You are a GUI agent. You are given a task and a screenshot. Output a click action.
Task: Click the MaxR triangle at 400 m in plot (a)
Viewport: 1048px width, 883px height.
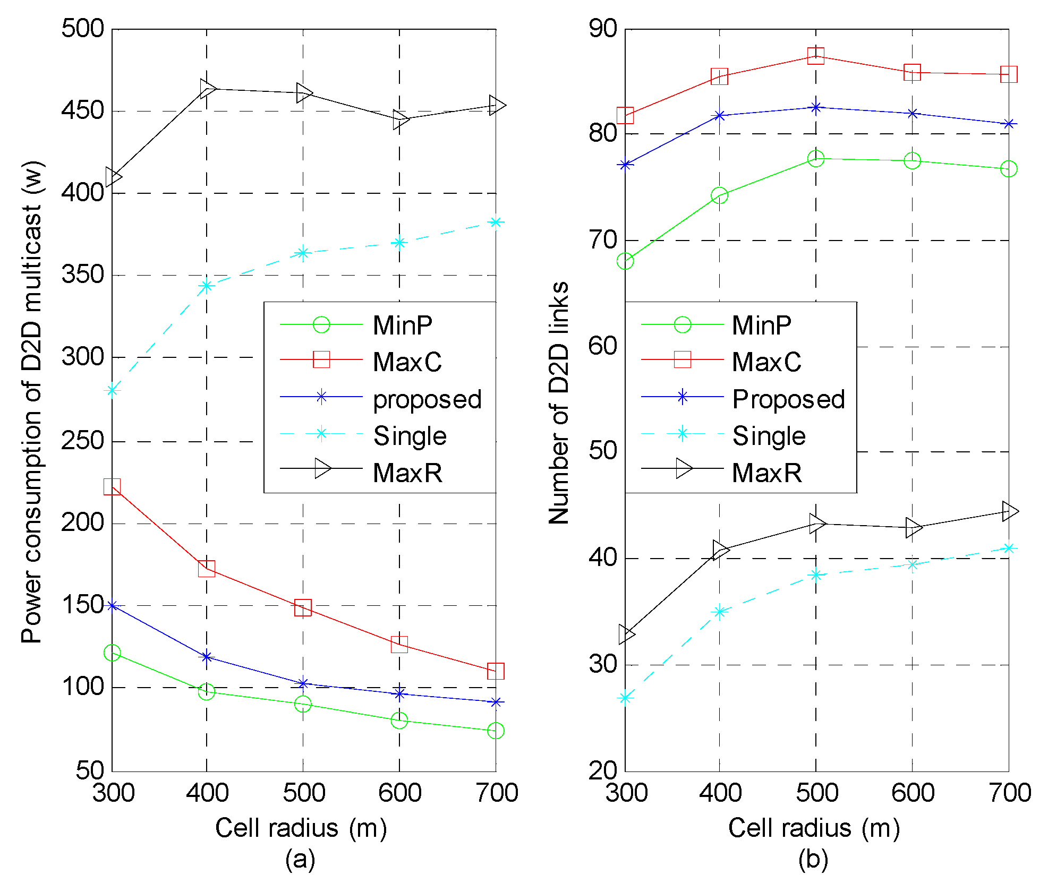[x=207, y=88]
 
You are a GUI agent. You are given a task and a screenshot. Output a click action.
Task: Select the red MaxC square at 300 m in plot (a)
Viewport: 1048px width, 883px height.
[x=112, y=486]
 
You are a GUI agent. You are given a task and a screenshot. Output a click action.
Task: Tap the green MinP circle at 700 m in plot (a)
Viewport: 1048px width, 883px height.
[x=496, y=731]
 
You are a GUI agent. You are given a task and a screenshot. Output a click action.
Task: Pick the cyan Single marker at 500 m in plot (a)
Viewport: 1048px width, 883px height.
[x=303, y=253]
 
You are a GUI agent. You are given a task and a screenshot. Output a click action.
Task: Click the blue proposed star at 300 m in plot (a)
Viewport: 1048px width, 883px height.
[x=112, y=605]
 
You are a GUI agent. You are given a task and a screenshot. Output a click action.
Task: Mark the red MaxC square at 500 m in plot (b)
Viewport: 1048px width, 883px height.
[x=816, y=56]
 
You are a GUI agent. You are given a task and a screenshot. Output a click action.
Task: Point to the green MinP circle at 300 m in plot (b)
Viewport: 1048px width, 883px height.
[x=625, y=261]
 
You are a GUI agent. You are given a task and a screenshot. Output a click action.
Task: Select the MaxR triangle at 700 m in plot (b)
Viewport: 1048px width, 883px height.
[x=1009, y=511]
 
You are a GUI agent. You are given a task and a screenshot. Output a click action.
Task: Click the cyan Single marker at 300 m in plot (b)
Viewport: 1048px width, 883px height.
[x=625, y=698]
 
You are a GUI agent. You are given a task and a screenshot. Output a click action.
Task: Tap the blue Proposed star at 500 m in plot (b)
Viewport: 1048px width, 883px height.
[x=816, y=107]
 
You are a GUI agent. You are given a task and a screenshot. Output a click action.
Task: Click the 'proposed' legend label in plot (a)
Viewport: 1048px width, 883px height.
[x=427, y=399]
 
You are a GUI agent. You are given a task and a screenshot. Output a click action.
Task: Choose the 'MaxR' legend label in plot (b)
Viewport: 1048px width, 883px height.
[x=766, y=473]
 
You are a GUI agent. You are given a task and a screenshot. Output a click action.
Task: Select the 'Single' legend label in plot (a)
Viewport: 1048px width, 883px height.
[x=410, y=436]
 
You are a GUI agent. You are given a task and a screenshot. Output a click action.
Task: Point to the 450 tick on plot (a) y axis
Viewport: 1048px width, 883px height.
[x=83, y=110]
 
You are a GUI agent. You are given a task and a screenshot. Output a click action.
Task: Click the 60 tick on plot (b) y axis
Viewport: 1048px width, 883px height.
[x=603, y=346]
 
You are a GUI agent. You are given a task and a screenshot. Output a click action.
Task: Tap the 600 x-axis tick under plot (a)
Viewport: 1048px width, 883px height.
[x=399, y=793]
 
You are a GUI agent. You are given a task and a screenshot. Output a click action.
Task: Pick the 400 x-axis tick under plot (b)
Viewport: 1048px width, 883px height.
[x=720, y=793]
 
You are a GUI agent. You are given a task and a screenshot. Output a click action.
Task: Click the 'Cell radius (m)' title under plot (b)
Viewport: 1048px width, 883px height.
[x=814, y=827]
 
